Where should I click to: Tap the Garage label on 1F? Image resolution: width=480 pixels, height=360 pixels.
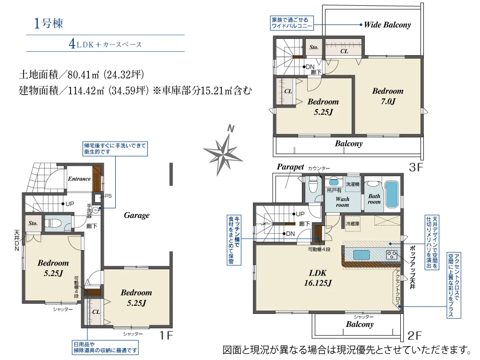[137, 216]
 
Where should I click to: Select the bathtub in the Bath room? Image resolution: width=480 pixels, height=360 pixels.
[392, 193]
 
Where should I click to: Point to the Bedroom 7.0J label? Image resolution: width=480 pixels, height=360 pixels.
[388, 96]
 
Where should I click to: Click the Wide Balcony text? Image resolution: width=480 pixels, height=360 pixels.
[387, 25]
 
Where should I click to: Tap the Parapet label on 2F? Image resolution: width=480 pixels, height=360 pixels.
[290, 167]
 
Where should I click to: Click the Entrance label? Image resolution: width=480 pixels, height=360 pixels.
[79, 179]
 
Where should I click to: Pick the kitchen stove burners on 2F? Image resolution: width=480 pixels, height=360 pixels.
[392, 255]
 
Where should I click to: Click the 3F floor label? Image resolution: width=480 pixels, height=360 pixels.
[416, 168]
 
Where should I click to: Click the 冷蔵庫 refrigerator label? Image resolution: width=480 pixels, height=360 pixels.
[353, 224]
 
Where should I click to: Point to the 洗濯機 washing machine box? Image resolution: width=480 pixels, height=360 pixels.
[352, 183]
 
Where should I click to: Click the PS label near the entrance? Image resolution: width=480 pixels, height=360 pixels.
[108, 196]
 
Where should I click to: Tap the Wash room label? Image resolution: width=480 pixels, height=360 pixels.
[342, 202]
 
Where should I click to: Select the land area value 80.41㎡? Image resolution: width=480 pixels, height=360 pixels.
[84, 75]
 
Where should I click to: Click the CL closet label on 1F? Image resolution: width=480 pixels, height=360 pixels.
[96, 312]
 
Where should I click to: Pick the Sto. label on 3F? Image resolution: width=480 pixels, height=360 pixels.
[314, 48]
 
